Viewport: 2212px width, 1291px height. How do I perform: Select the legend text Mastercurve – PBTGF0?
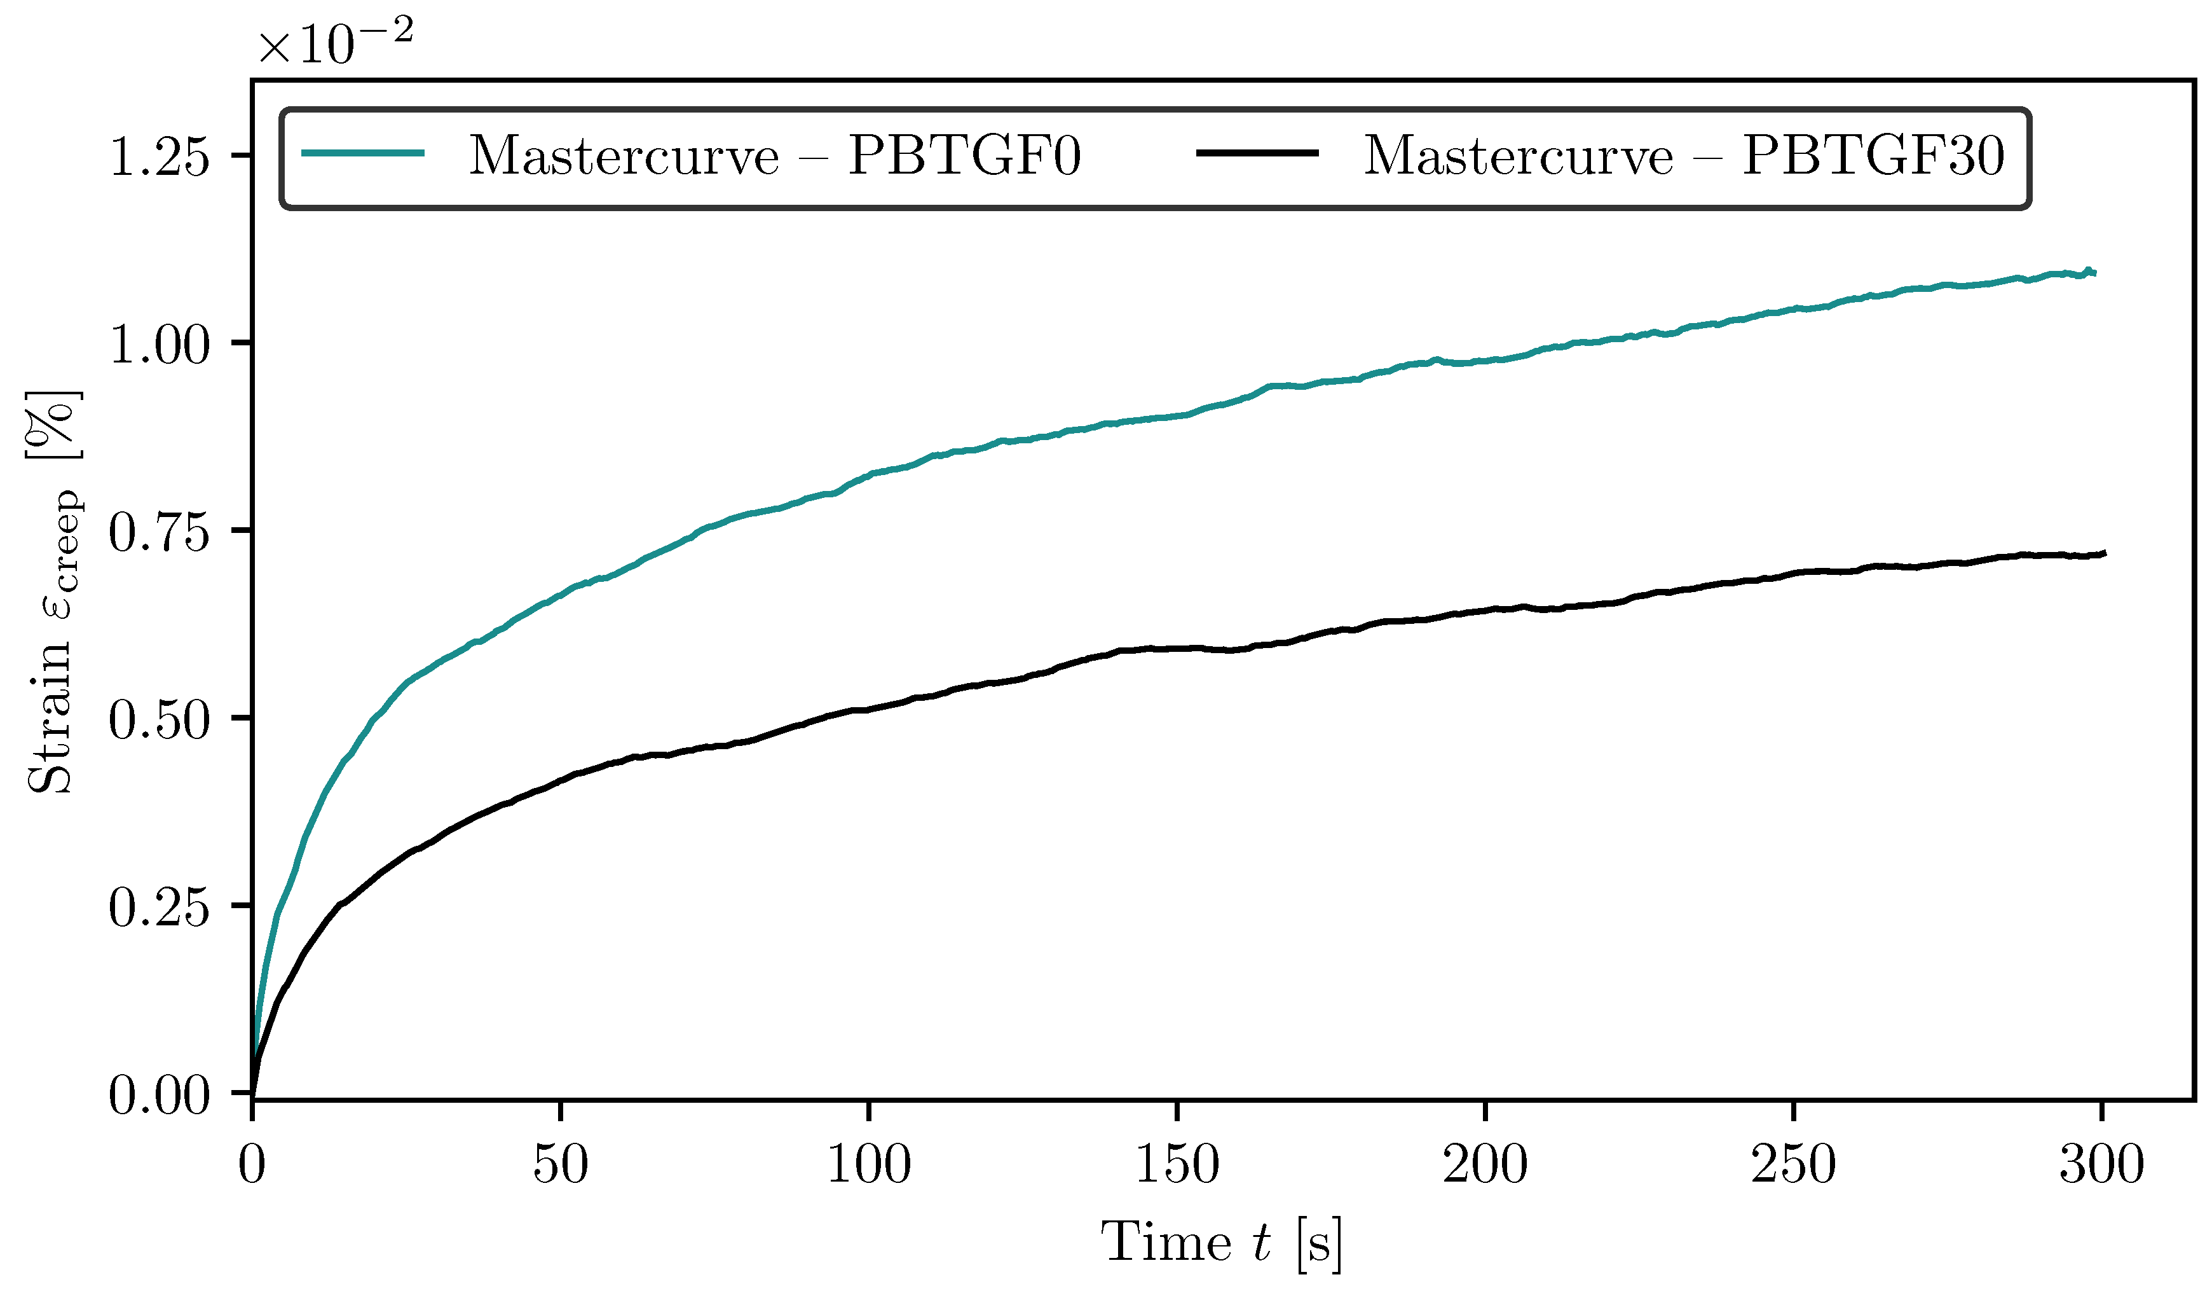click(x=774, y=156)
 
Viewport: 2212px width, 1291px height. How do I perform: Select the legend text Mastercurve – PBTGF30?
click(x=1684, y=156)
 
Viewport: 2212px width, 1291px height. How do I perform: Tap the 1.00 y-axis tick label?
click(x=159, y=344)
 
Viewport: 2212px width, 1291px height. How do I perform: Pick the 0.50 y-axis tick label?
click(x=159, y=720)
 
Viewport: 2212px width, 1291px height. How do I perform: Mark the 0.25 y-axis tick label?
click(x=159, y=908)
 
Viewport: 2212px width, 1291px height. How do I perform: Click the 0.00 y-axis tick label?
click(x=159, y=1095)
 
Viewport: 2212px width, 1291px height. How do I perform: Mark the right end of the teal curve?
click(x=2094, y=273)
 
